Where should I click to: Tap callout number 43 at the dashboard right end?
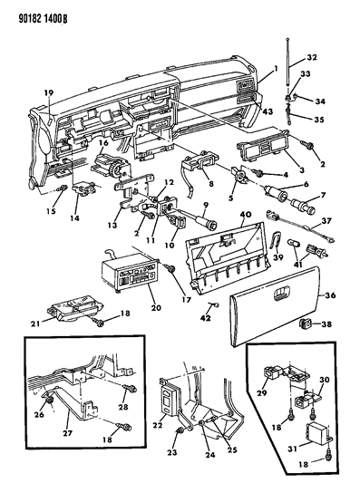click(x=268, y=111)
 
